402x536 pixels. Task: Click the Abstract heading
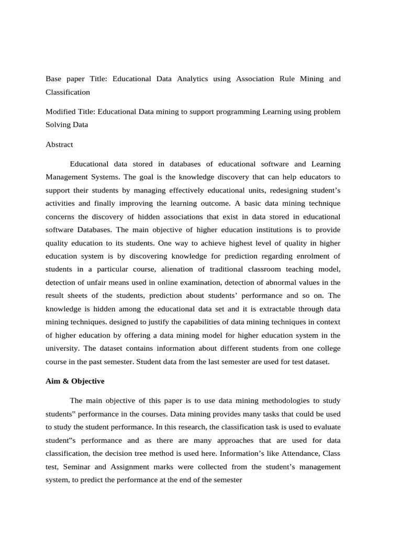(59, 144)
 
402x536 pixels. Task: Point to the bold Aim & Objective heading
(75, 381)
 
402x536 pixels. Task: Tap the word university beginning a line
(63, 348)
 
